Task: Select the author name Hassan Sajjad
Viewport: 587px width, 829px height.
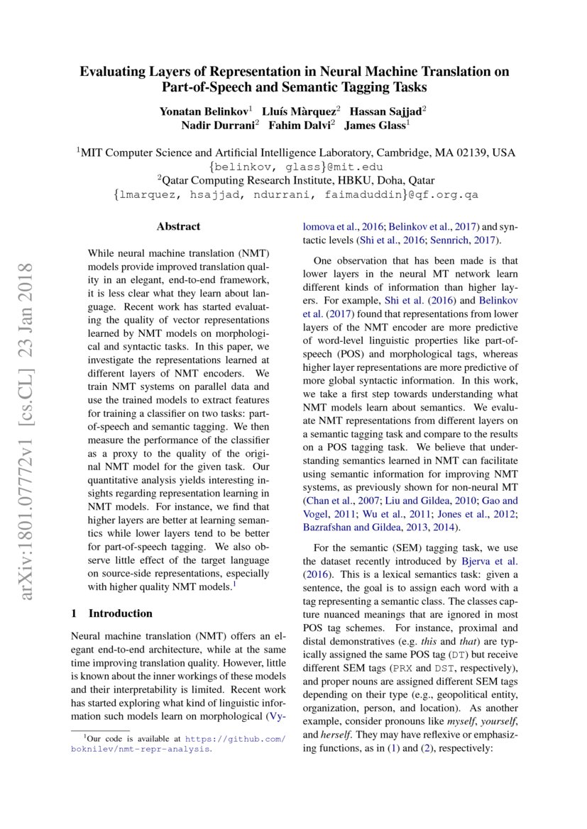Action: [x=387, y=111]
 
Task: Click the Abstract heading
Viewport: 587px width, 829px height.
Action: [x=178, y=227]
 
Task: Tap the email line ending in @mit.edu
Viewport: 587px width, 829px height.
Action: [x=294, y=167]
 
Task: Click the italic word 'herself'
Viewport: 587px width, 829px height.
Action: [x=317, y=735]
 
